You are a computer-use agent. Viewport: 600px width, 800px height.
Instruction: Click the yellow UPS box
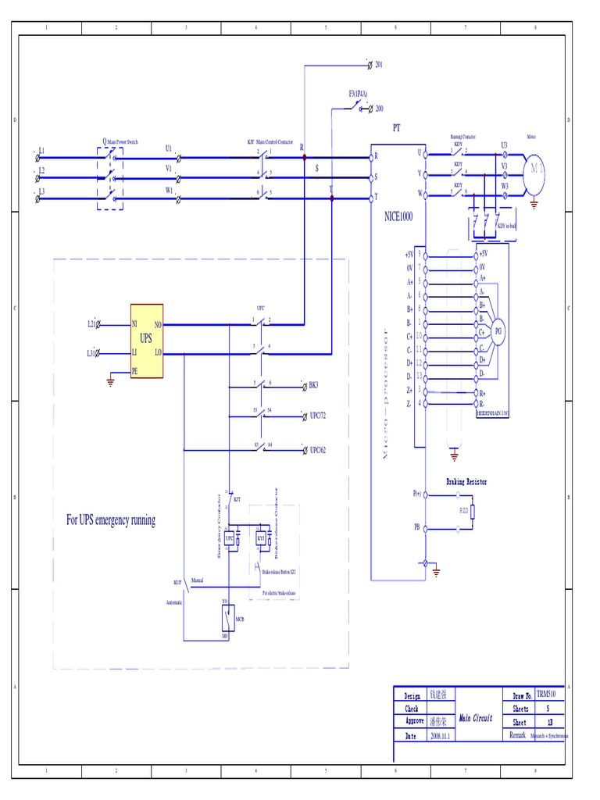coord(147,341)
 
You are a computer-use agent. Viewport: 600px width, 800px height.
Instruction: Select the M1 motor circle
coord(534,168)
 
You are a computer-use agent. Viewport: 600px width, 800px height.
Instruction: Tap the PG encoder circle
coord(497,330)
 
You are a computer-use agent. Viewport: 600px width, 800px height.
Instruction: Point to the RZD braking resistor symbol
coord(473,511)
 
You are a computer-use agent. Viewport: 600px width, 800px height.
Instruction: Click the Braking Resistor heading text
coord(466,482)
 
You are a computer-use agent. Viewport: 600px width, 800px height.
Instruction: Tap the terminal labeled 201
coord(379,63)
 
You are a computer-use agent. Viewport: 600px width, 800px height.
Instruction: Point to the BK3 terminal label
coord(314,386)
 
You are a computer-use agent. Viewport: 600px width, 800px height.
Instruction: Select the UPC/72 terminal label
coord(317,416)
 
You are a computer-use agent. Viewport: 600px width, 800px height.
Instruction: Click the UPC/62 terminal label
coord(317,450)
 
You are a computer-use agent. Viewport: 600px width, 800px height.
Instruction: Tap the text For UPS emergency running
coord(110,520)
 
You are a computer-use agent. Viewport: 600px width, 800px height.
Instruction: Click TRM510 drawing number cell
coord(545,695)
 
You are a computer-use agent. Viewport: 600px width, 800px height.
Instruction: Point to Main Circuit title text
coord(475,717)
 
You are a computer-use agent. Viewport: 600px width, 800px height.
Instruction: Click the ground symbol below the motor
coord(534,205)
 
